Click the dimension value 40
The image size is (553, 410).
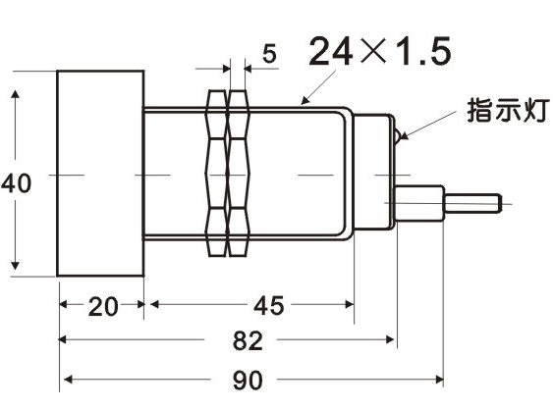[17, 183]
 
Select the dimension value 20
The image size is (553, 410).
[102, 306]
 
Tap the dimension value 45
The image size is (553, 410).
[268, 305]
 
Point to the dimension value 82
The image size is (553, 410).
[248, 341]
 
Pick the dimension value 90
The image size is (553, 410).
[248, 380]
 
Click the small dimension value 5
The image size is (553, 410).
[269, 54]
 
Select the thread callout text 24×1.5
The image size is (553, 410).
[380, 51]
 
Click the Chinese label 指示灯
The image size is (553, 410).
[508, 110]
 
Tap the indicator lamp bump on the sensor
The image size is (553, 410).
[398, 136]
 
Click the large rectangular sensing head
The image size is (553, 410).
[100, 174]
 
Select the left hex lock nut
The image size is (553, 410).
[216, 173]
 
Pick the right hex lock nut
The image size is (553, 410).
[239, 173]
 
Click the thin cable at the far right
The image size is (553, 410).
[472, 204]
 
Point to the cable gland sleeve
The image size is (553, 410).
[419, 203]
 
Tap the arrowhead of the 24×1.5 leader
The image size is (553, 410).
[305, 100]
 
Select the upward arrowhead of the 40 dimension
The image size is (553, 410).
[15, 95]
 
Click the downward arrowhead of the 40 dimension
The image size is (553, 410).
[15, 265]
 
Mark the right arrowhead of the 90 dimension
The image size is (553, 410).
[439, 380]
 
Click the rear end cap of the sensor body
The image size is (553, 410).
[374, 172]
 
